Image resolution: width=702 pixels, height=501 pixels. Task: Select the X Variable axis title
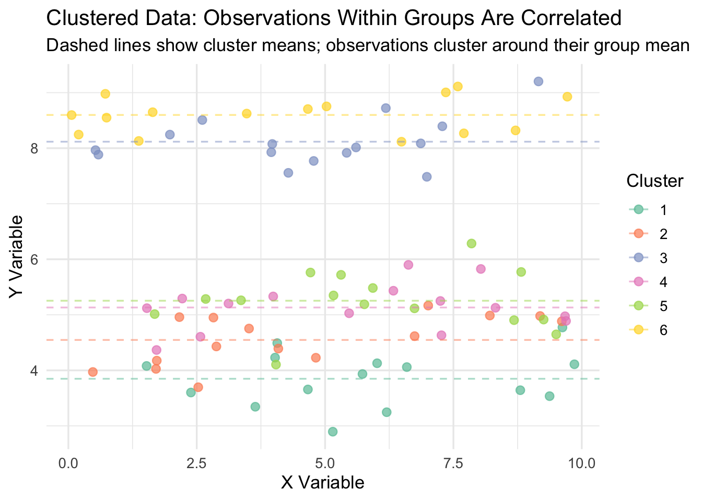pos(322,483)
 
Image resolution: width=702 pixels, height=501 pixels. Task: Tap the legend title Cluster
pos(655,181)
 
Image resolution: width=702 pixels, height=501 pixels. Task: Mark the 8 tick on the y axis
pos(35,148)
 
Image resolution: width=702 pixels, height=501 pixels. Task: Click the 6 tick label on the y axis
pos(35,259)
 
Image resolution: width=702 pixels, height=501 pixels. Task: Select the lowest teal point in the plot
pos(333,432)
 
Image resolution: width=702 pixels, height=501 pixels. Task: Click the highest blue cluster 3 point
pos(539,81)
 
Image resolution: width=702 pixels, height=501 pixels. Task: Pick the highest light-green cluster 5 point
pos(472,243)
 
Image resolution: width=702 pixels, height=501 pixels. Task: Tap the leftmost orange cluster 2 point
pos(93,372)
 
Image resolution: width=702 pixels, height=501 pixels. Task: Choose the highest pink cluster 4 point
pos(408,265)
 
